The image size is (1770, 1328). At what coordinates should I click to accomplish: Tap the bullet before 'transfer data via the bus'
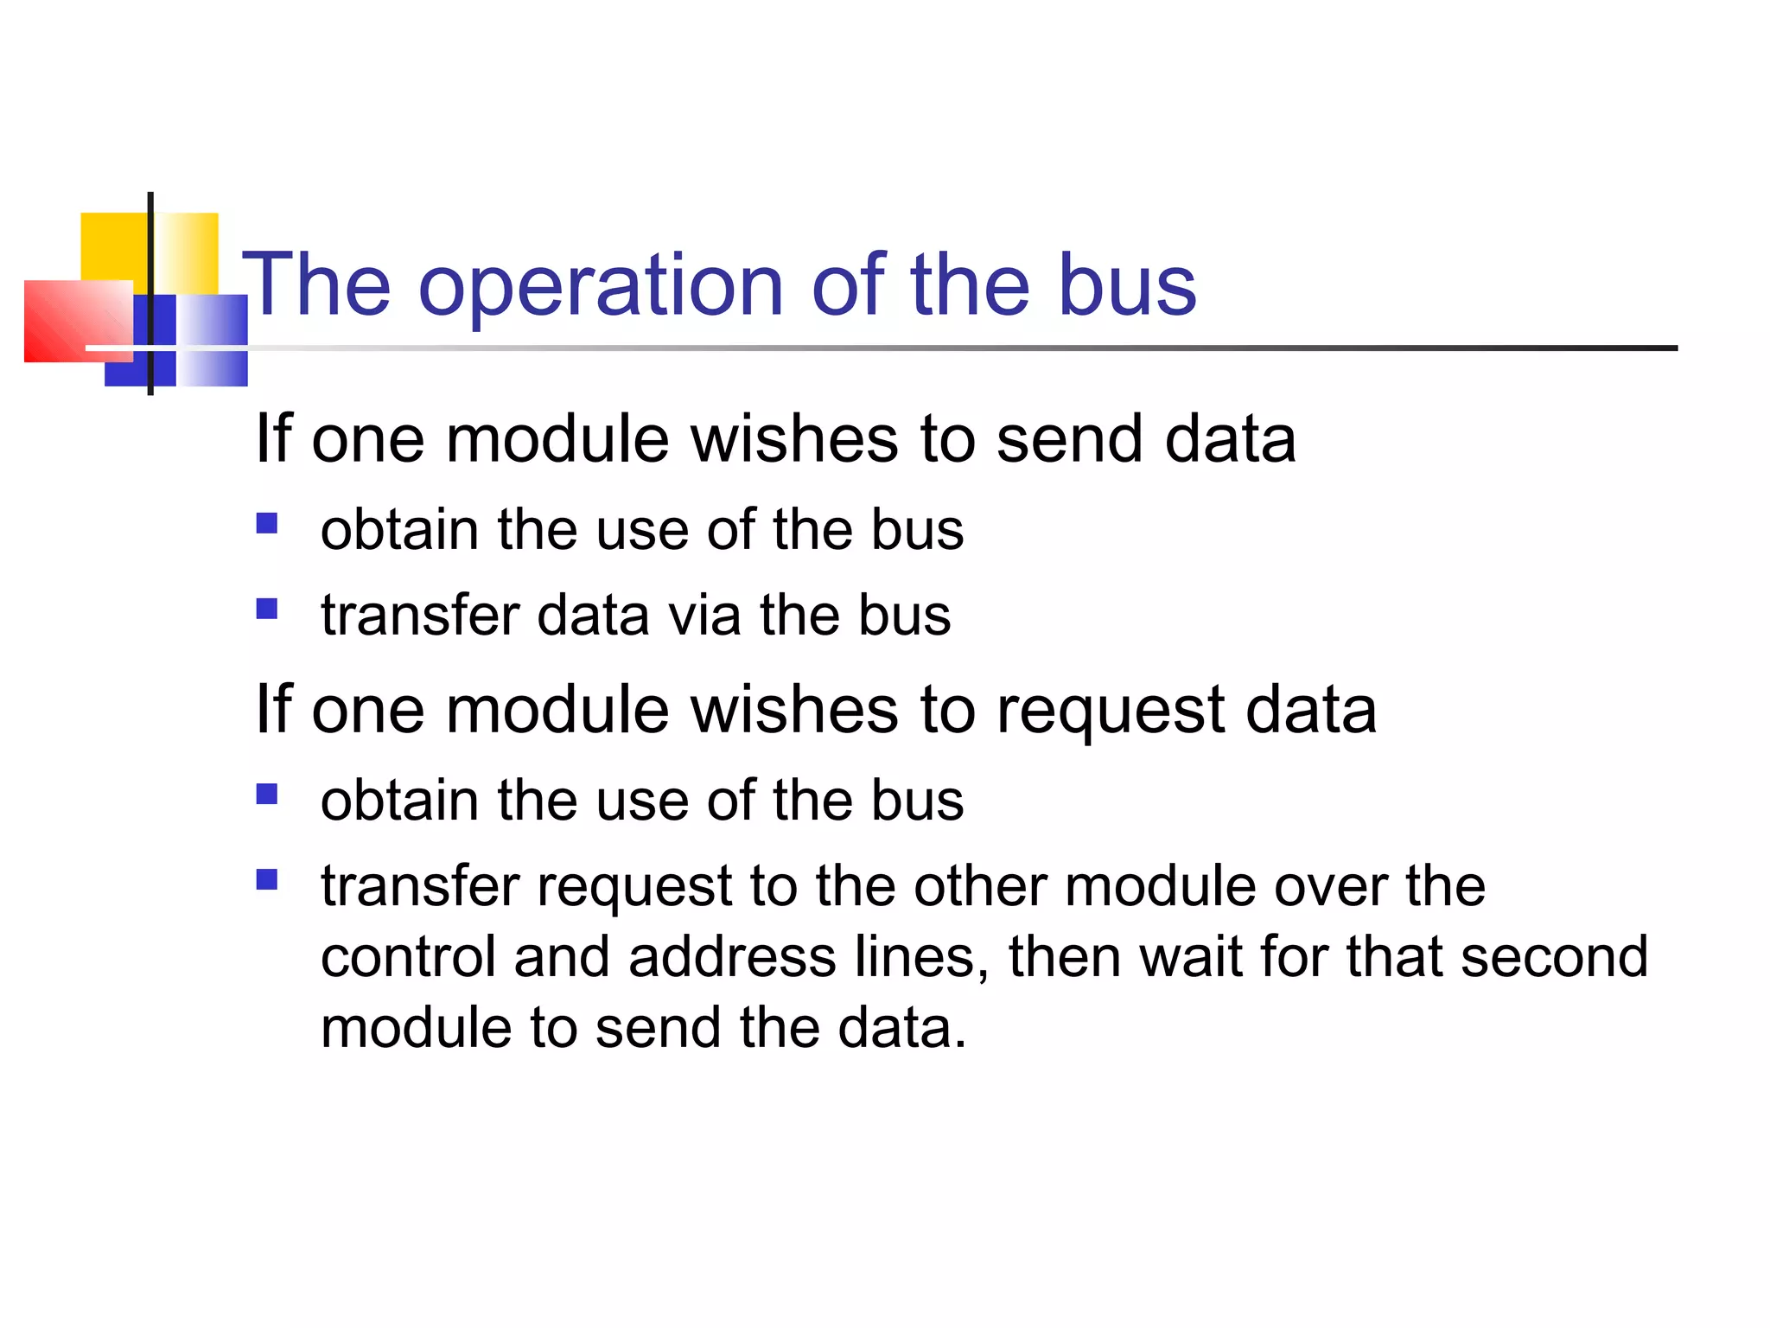(x=267, y=610)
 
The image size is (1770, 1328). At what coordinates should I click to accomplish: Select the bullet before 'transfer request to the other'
(x=267, y=880)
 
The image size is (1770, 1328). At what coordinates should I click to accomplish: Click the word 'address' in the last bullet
(x=732, y=957)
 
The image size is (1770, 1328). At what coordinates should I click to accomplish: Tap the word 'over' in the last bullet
(x=1331, y=887)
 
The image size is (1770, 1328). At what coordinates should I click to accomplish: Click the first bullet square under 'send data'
(x=267, y=523)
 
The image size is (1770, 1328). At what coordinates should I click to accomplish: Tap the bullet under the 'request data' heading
(x=267, y=794)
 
